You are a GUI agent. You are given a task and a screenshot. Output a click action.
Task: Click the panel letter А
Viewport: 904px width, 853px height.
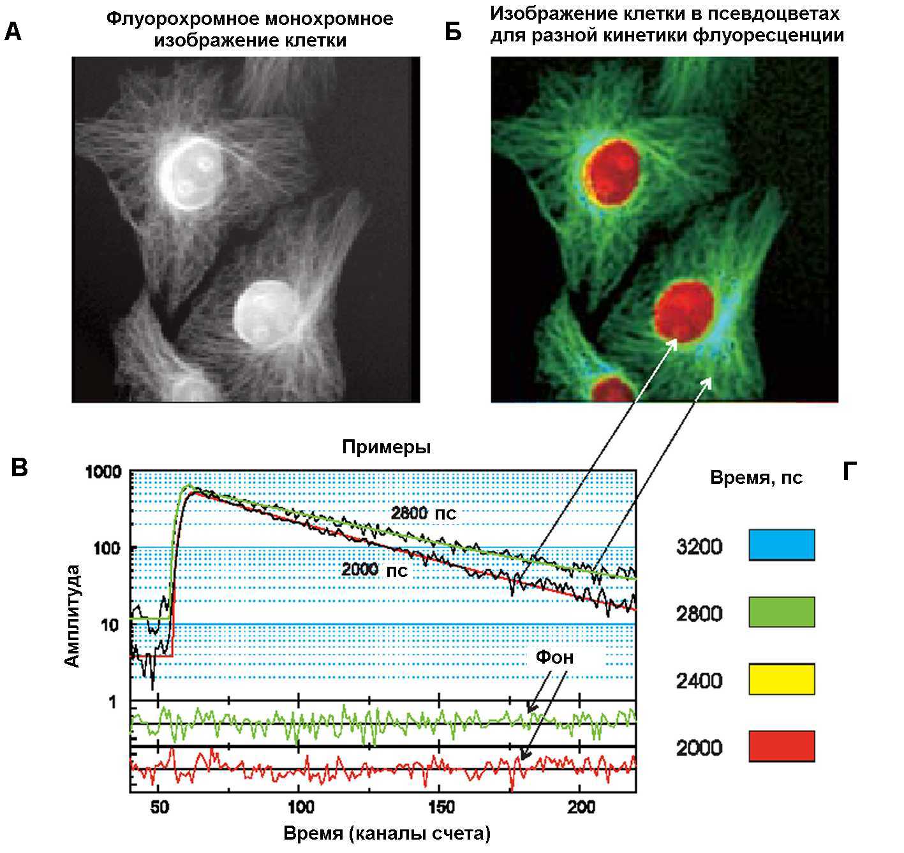(x=13, y=32)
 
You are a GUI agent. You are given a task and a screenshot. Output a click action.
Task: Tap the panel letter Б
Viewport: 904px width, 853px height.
(x=453, y=32)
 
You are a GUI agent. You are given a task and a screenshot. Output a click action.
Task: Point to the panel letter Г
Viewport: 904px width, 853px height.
(x=849, y=472)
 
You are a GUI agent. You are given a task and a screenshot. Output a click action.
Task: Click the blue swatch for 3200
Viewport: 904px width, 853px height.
(x=782, y=545)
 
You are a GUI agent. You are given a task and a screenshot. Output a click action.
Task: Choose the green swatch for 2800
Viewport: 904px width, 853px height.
(x=782, y=612)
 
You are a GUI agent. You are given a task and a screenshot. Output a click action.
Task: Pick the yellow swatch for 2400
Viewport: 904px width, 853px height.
(x=782, y=679)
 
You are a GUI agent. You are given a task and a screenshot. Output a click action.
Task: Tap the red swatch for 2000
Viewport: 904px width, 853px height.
(x=782, y=746)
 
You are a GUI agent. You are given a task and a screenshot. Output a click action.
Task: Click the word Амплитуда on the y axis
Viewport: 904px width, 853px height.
(x=73, y=615)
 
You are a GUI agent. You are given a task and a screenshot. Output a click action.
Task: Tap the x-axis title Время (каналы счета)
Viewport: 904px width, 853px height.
(x=387, y=833)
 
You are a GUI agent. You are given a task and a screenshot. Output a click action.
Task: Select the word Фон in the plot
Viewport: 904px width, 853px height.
(x=554, y=657)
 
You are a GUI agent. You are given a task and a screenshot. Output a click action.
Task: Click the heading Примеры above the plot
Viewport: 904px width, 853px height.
(x=386, y=447)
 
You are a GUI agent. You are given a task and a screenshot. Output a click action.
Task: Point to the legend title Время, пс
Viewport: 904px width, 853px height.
(x=756, y=478)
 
